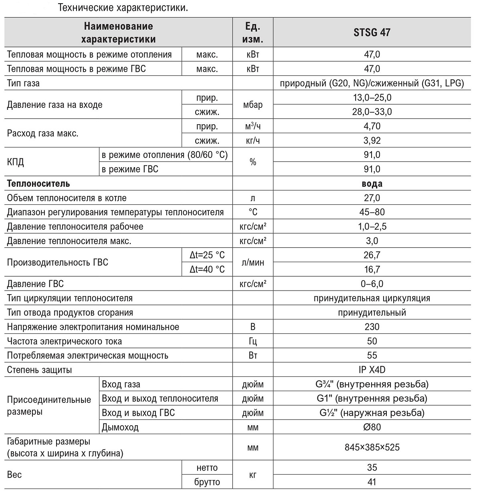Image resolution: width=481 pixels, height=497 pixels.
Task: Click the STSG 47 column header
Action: (x=372, y=32)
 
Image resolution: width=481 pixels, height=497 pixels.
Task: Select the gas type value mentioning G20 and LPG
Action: (x=372, y=83)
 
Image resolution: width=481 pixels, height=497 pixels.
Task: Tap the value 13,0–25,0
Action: (x=372, y=97)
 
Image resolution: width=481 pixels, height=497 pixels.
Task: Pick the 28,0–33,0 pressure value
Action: (x=372, y=112)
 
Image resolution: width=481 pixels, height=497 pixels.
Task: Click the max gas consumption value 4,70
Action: (x=372, y=126)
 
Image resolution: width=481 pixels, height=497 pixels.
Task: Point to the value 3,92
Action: (x=372, y=141)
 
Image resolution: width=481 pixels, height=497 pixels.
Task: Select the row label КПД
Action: (x=16, y=162)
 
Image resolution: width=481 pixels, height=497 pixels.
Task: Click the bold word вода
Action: (x=372, y=184)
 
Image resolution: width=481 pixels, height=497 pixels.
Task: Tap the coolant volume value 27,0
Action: (x=372, y=198)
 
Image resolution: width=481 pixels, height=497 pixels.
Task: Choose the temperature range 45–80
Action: (x=372, y=212)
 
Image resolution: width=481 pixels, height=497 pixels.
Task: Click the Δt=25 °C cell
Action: (x=207, y=255)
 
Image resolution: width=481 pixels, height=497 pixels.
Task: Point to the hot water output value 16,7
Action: (x=372, y=269)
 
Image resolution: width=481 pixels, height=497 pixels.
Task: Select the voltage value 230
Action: (x=372, y=327)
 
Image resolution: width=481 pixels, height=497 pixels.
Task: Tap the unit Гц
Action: (x=253, y=341)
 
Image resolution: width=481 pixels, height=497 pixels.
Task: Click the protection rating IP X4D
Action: (x=372, y=370)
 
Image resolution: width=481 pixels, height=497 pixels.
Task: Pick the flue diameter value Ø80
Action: (x=372, y=427)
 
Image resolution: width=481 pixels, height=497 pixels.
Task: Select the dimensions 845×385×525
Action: (x=372, y=447)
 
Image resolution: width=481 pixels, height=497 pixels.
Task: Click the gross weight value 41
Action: (x=372, y=482)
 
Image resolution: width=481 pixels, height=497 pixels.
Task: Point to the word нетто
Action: (x=207, y=468)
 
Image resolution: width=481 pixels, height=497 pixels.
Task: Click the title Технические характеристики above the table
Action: (x=123, y=8)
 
